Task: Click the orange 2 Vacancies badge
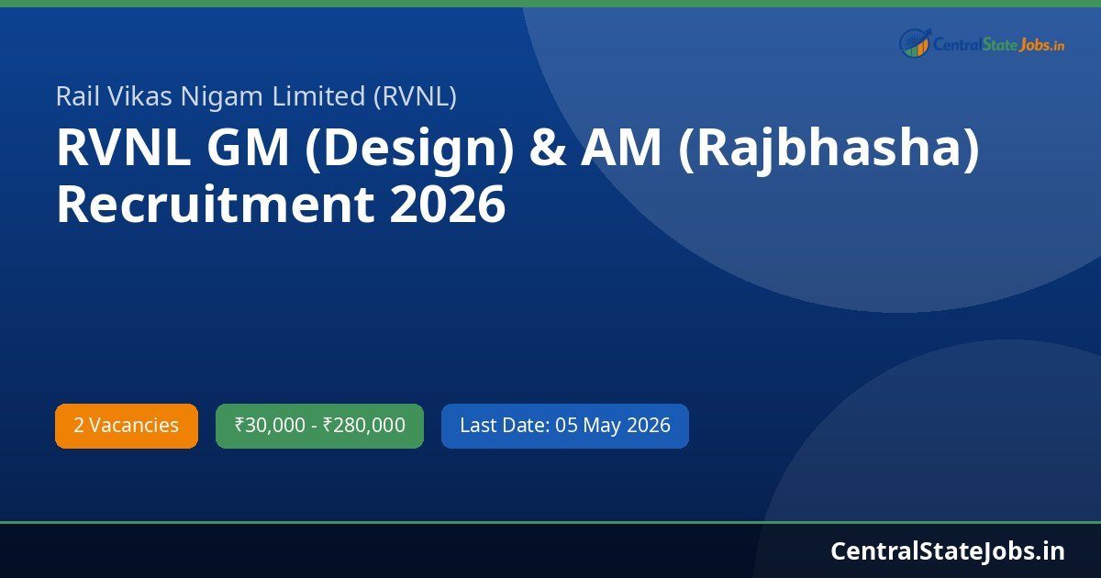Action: coord(127,426)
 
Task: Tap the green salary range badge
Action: coord(319,426)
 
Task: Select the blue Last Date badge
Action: coord(564,426)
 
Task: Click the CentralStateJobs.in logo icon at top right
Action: coord(915,43)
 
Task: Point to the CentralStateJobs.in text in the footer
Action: coord(948,550)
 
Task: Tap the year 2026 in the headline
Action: coord(448,204)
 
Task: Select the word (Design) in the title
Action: coord(408,150)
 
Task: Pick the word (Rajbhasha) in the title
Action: coord(829,150)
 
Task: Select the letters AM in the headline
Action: coord(620,150)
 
